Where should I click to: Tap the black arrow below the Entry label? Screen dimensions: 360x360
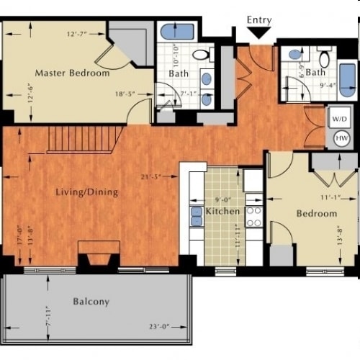258,33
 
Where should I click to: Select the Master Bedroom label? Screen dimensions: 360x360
73,73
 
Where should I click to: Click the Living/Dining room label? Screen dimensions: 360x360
86,192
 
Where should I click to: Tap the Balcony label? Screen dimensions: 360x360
91,302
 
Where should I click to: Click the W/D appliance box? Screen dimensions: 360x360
338,116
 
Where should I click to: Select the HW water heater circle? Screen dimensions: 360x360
338,138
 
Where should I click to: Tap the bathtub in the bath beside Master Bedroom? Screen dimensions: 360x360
174,32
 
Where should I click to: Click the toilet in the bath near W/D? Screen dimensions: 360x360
325,58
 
